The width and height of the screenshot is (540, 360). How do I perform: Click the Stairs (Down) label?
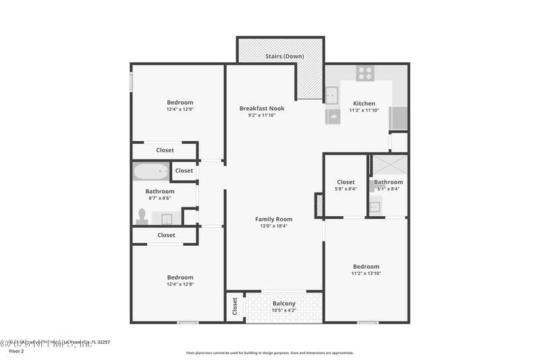284,56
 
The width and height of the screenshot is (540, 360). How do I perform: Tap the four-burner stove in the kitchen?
365,73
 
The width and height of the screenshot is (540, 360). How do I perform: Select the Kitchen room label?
364,103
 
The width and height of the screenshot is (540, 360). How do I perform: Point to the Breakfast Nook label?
262,108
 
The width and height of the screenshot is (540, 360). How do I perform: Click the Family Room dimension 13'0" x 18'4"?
273,226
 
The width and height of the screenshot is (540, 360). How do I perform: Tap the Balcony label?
284,303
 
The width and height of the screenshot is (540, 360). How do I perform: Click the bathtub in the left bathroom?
150,172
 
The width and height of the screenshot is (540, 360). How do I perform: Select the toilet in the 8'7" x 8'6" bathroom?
142,216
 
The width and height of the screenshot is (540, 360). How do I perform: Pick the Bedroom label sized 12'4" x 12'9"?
180,103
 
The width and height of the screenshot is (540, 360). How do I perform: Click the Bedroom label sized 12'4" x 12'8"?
180,277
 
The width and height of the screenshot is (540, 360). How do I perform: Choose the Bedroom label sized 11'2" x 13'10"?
366,266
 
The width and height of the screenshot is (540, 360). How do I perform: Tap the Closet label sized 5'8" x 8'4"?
346,182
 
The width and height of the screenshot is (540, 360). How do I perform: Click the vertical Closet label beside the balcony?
235,307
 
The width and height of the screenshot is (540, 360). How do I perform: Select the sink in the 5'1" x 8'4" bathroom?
375,207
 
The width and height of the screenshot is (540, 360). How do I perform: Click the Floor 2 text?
16,351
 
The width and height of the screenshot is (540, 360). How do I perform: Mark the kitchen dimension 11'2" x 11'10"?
364,110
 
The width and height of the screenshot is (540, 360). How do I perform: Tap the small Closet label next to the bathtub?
184,171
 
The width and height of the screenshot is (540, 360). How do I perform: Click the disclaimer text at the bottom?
270,353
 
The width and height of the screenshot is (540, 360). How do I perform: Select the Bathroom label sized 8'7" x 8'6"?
160,191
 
